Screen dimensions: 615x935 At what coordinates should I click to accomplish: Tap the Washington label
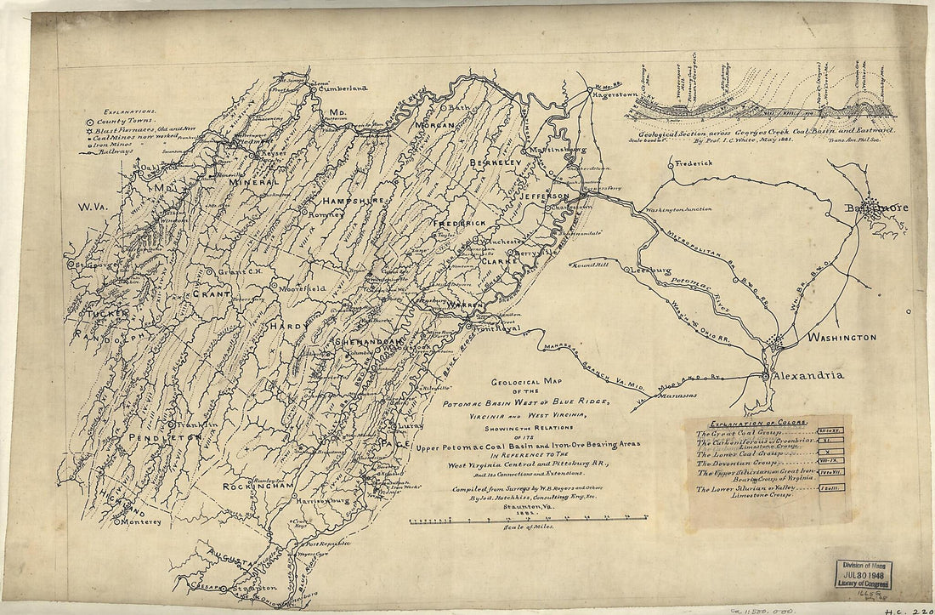[841, 338]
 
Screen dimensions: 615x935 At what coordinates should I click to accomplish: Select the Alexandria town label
[808, 375]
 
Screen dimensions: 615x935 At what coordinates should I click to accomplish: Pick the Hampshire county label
[353, 200]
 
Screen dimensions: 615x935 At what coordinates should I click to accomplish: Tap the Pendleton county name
[165, 436]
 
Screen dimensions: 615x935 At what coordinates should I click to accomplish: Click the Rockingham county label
[258, 486]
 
